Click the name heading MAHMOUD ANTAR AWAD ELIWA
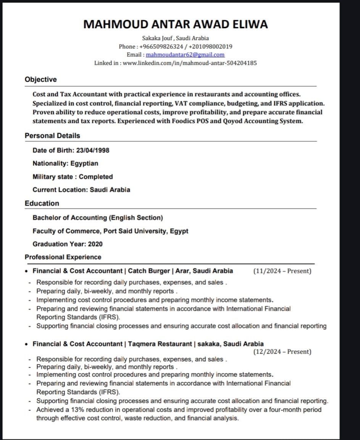[175, 24]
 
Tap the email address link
[185, 55]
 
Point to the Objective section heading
[40, 79]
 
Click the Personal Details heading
[52, 136]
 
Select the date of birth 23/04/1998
[93, 150]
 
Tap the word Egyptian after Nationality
[84, 163]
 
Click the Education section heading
[42, 203]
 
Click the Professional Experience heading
[63, 257]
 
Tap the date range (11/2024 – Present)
[282, 271]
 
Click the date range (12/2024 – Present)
[282, 352]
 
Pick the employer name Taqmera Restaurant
[160, 344]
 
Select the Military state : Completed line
[73, 177]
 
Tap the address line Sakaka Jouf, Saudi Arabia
[175, 38]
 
